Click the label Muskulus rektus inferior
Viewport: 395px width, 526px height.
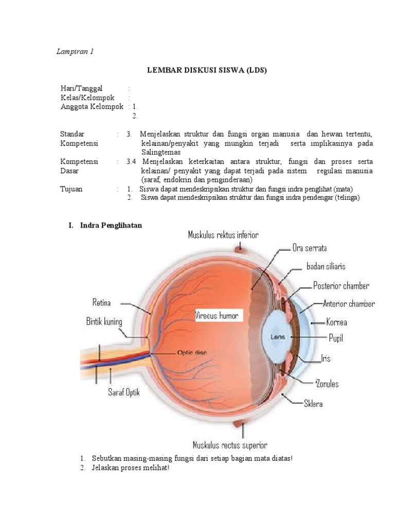coord(223,235)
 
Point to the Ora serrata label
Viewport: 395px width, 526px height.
coord(310,248)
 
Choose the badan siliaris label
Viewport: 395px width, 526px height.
coord(326,267)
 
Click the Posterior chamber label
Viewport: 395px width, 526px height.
coord(341,286)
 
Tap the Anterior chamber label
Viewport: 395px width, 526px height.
coord(349,304)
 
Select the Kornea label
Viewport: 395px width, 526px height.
coord(336,323)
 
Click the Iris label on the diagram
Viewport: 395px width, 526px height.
coord(326,358)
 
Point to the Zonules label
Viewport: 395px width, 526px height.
coord(327,384)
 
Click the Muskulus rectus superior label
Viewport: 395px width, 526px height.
coord(229,445)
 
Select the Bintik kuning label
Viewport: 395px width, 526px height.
coord(104,322)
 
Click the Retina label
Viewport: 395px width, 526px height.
coord(102,302)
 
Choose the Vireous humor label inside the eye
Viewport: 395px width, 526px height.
coord(217,315)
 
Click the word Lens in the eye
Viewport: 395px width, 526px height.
coord(278,337)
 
